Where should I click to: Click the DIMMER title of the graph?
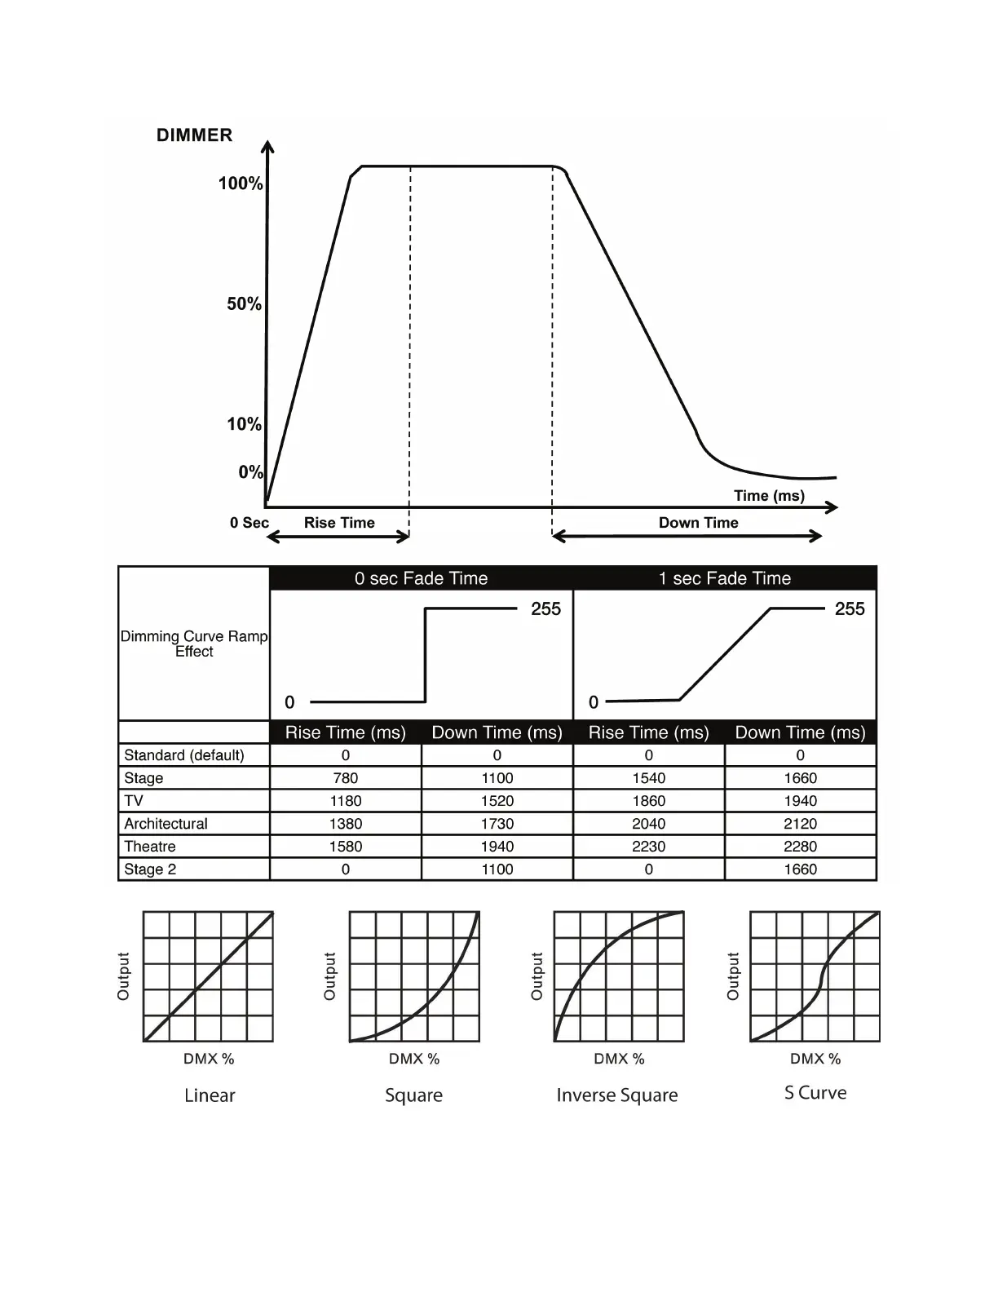tap(194, 135)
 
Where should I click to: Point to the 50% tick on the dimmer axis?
tap(244, 304)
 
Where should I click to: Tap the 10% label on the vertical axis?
tap(244, 424)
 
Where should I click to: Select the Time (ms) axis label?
tap(769, 496)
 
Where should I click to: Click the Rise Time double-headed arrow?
tap(338, 536)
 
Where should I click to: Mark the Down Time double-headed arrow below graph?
tap(687, 536)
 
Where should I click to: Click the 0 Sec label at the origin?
tap(249, 523)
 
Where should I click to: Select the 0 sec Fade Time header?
tap(421, 578)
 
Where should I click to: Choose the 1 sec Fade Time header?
tap(725, 578)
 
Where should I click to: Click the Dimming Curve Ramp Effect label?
tap(194, 644)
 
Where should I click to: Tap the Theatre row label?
tap(150, 847)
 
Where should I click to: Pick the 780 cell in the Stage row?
tap(346, 778)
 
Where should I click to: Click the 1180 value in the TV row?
tap(346, 801)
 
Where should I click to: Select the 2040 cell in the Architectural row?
tap(649, 824)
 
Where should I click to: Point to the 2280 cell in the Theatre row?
tap(800, 847)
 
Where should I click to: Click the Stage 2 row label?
tap(150, 869)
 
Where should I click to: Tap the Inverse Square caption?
tap(617, 1095)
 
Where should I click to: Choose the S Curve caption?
tap(815, 1093)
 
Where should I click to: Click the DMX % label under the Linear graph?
tap(209, 1059)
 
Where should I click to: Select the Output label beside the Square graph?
tap(329, 976)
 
